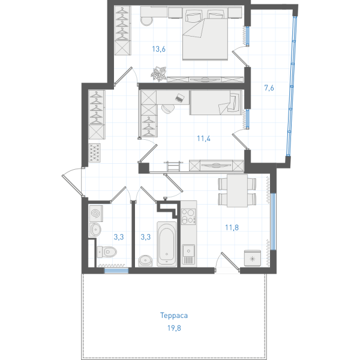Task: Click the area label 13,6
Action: tap(158, 49)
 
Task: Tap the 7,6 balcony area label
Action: tap(269, 88)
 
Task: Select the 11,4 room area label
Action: tap(203, 139)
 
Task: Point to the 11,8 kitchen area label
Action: tap(232, 227)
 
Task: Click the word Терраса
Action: tap(174, 316)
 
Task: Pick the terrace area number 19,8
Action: tap(174, 328)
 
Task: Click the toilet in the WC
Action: tap(107, 252)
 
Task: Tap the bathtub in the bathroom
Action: tap(167, 244)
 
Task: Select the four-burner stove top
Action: tap(188, 216)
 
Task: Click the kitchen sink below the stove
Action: tap(188, 254)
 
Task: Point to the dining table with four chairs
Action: tap(237, 191)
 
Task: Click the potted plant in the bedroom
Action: tap(158, 74)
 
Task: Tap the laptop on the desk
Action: tap(180, 98)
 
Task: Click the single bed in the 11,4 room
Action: tap(215, 103)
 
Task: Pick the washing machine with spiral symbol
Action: tap(96, 213)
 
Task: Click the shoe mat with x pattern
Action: tap(95, 152)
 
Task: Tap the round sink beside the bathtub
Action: tap(145, 261)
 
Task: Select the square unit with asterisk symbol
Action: tap(253, 259)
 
